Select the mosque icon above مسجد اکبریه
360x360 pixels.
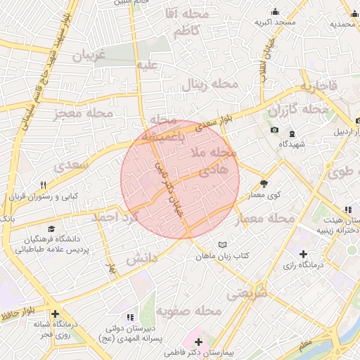click(275, 11)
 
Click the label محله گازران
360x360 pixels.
click(297, 110)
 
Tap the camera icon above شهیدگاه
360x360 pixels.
click(274, 131)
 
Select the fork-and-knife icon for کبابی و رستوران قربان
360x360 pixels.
click(43, 185)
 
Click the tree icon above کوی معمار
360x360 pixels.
click(264, 181)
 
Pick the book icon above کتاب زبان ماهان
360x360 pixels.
click(223, 244)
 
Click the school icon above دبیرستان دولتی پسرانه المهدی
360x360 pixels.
click(129, 317)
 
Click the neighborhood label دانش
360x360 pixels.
click(140, 259)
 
